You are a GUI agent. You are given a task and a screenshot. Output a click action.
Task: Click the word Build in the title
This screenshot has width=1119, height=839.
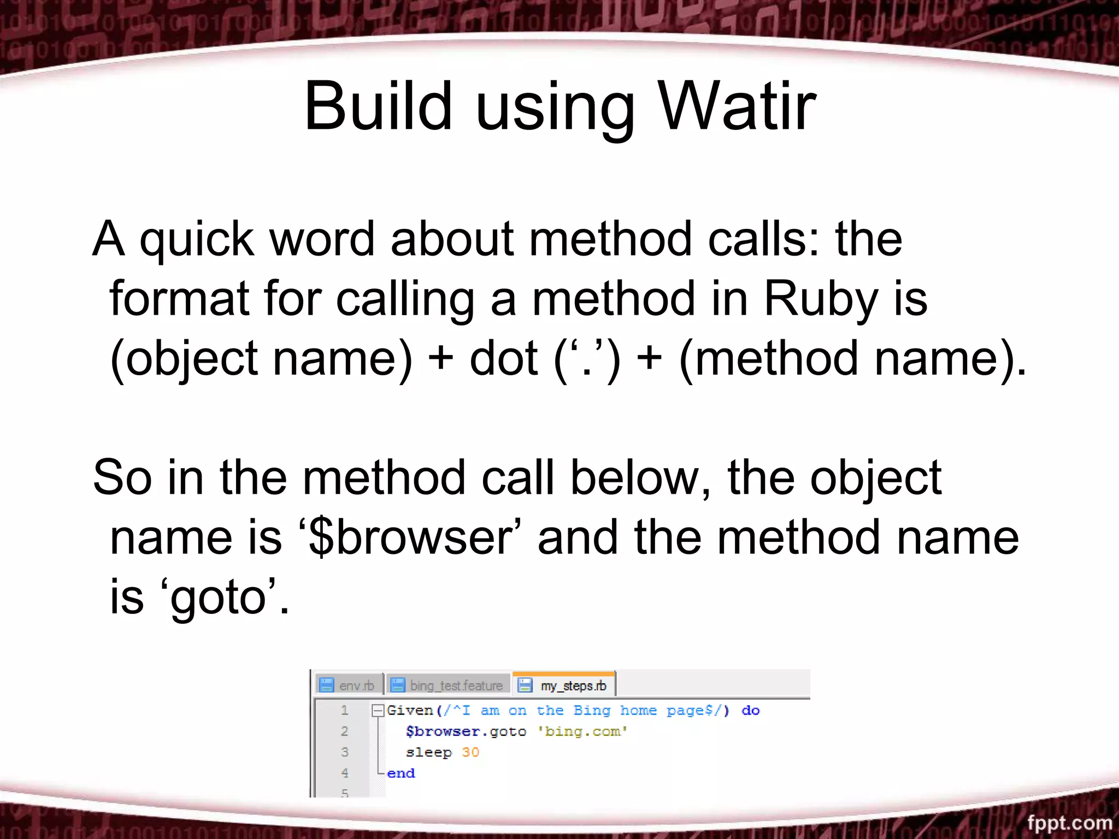(x=378, y=106)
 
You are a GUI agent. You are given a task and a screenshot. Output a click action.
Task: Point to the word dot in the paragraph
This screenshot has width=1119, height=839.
(x=503, y=359)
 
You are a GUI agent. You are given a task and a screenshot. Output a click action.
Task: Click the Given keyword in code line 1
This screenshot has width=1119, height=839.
(x=410, y=711)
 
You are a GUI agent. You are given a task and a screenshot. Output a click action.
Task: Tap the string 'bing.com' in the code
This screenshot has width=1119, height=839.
(x=582, y=731)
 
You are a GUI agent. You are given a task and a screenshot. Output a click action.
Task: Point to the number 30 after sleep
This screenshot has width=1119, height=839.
(x=470, y=753)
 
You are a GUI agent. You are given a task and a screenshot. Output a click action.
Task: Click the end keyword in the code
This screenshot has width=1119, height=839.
(x=401, y=773)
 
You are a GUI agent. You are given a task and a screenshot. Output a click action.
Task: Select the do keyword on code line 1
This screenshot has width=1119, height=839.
(x=750, y=711)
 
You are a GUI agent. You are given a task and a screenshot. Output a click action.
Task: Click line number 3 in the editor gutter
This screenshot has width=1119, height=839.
(x=344, y=752)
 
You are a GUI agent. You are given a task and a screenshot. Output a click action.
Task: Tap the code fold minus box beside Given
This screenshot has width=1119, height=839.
(x=377, y=711)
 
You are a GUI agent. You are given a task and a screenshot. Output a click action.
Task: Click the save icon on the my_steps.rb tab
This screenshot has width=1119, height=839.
(x=525, y=685)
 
